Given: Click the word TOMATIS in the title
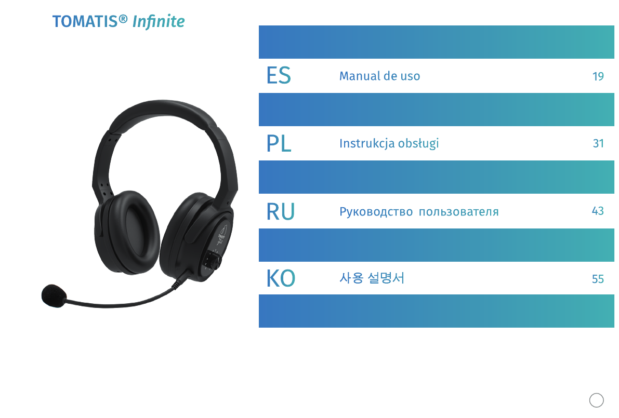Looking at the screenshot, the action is tap(85, 22).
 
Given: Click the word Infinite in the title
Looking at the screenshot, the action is tap(159, 22).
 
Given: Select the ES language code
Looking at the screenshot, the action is tap(279, 75).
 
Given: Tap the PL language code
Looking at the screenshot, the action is tap(279, 143).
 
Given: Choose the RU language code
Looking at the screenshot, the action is tap(281, 211).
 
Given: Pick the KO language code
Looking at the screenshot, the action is tap(281, 278).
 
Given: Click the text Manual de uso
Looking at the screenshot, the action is tap(379, 76).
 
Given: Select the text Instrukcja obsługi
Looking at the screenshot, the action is tap(389, 143).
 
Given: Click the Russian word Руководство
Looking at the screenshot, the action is tap(376, 212).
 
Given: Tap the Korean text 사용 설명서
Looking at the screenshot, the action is tap(372, 278).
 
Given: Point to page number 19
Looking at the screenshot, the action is tap(598, 76).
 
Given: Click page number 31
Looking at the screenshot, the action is tap(598, 143).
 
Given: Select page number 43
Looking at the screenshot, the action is tap(598, 211).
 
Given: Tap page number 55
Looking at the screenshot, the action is tap(598, 279).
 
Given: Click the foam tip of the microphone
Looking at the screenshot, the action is tap(54, 295).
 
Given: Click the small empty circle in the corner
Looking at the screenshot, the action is tap(596, 400).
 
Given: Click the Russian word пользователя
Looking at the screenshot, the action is tap(458, 212).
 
